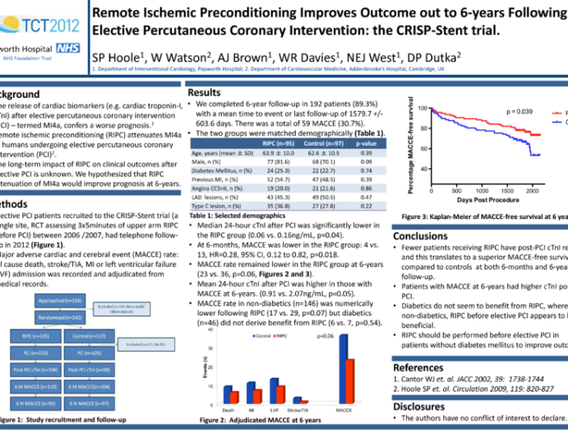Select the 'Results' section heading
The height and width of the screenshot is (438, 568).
pos(205,93)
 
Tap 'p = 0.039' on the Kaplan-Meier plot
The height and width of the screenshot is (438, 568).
pos(520,111)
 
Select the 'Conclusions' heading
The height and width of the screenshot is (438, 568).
pos(426,236)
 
